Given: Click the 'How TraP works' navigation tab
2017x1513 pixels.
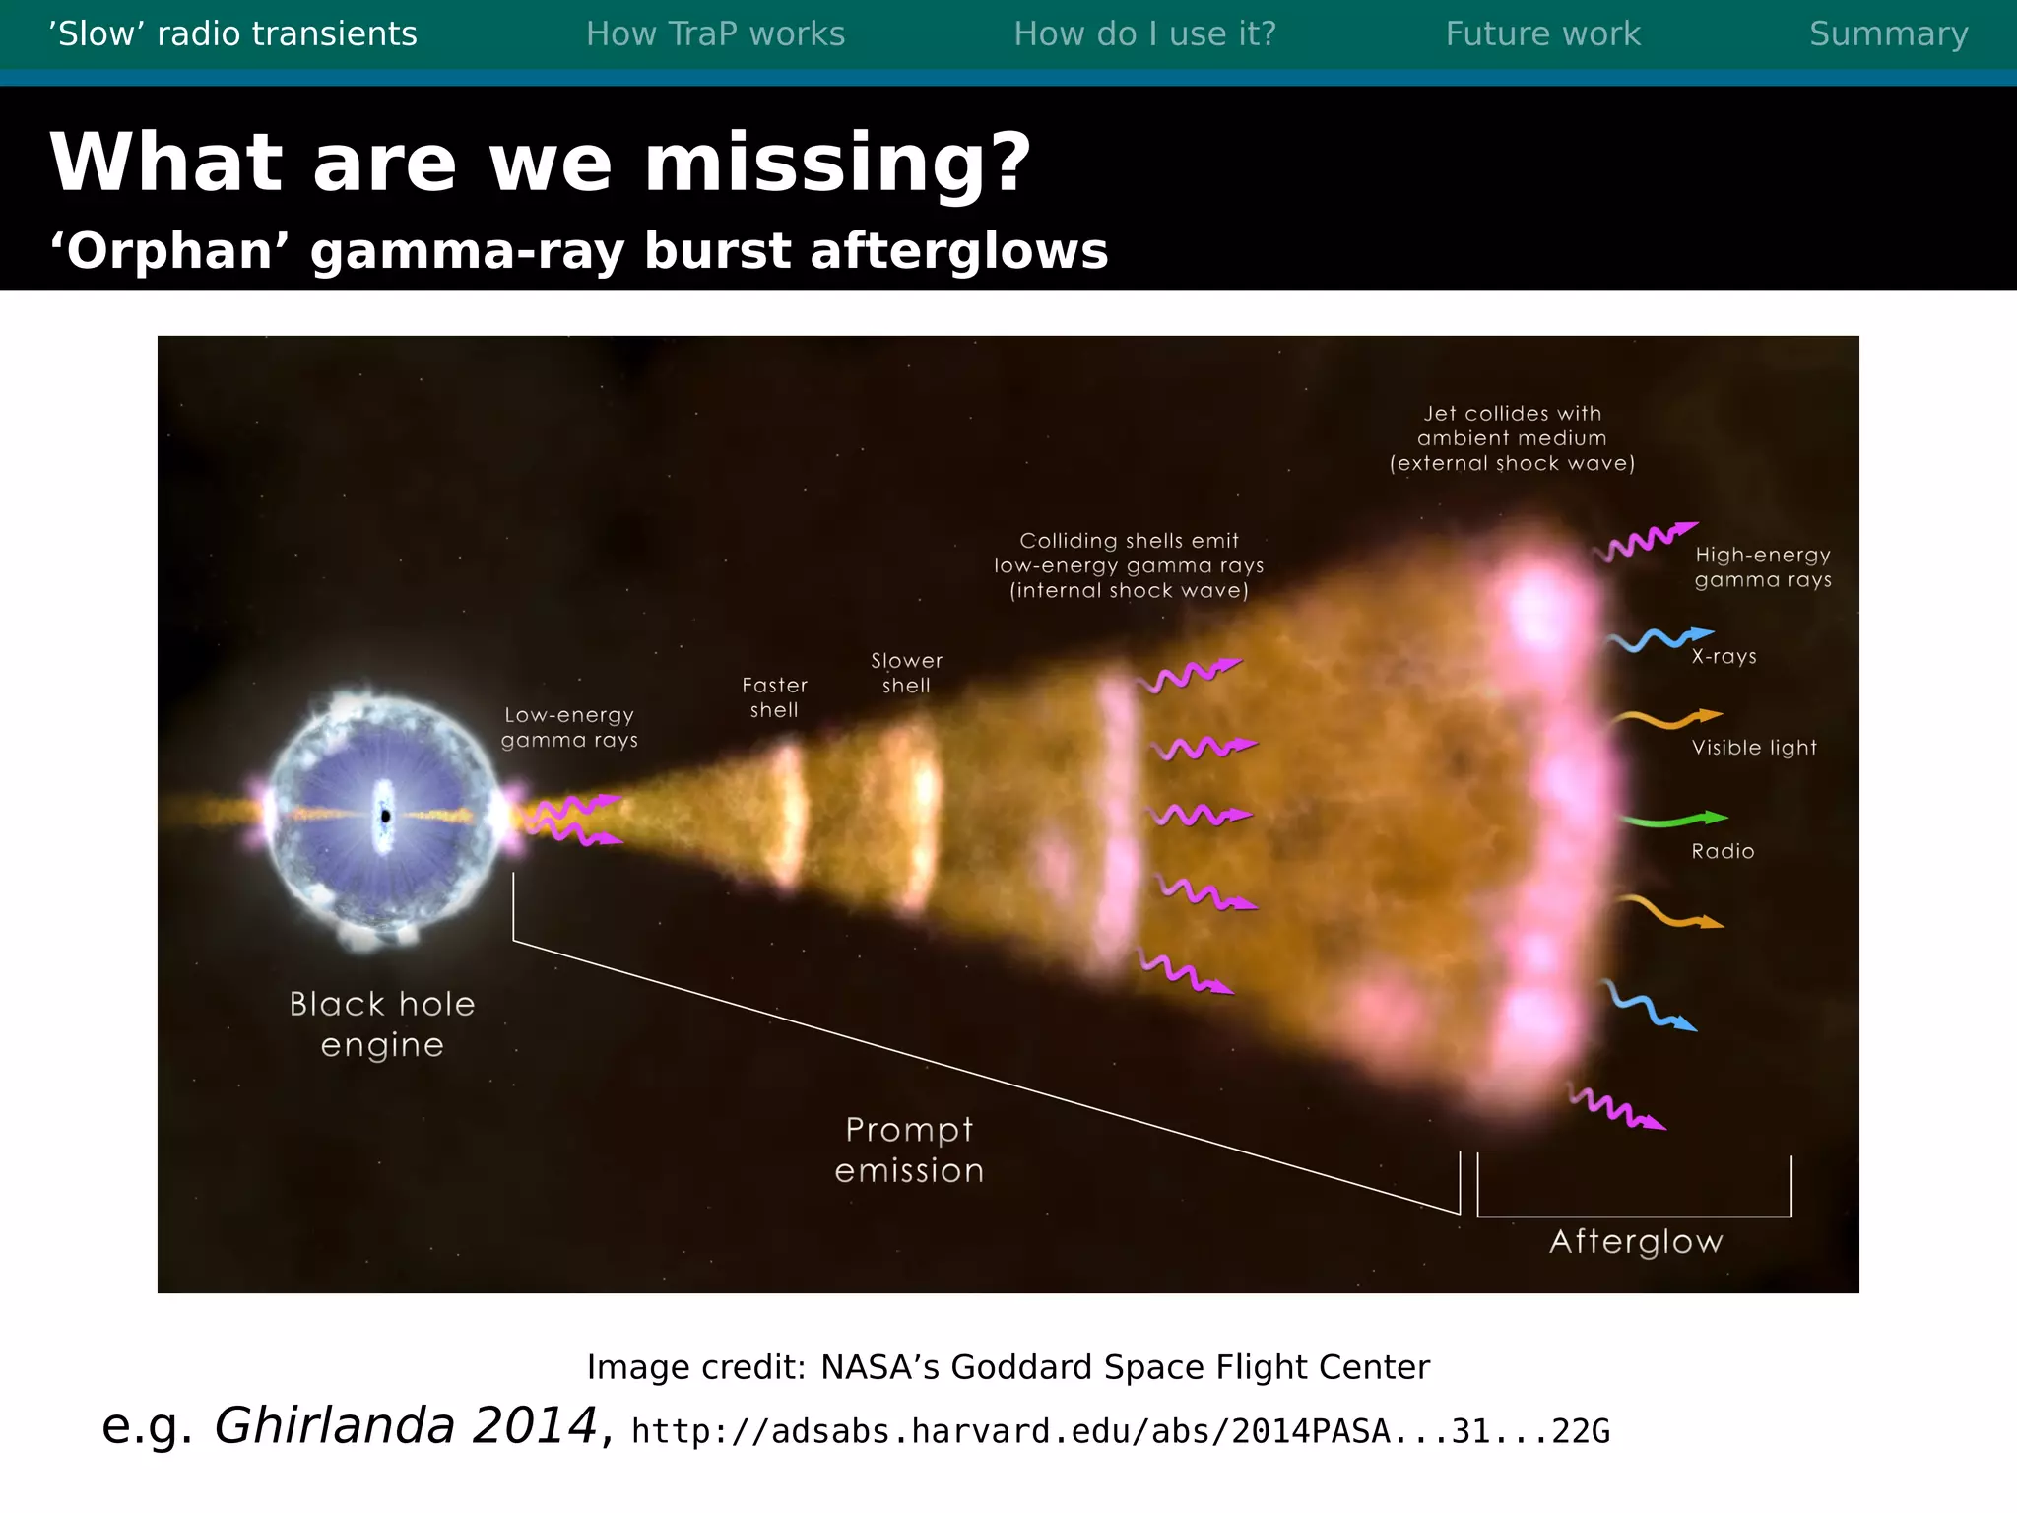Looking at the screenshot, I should [x=715, y=34].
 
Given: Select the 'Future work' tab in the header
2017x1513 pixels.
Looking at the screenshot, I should [x=1542, y=34].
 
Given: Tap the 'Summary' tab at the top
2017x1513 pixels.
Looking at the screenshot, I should [x=1888, y=34].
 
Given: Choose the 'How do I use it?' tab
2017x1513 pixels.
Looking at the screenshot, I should [x=1144, y=34].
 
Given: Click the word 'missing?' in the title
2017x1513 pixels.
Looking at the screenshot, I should [x=838, y=163].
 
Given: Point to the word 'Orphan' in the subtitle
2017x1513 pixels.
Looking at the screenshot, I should [x=169, y=251].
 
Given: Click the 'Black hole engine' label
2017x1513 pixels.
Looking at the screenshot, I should [x=382, y=1023].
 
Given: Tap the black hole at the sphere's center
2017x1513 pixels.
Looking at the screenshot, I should [x=385, y=816].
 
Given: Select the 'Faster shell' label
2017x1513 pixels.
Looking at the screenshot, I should [x=774, y=697].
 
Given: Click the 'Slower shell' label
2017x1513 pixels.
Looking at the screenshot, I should [x=906, y=673].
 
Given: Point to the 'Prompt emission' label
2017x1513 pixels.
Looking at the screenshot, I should [x=909, y=1150].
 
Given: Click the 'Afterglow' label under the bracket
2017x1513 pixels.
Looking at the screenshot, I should [x=1636, y=1242].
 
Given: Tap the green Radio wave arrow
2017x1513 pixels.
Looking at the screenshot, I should [x=1673, y=820].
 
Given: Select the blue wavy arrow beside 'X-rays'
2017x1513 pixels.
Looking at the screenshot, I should [x=1659, y=639].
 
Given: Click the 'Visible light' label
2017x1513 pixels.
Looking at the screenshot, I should [x=1754, y=748].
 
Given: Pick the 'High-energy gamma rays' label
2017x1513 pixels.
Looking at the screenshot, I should [x=1763, y=567].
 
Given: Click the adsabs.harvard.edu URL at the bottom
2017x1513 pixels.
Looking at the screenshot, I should [x=1120, y=1431].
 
